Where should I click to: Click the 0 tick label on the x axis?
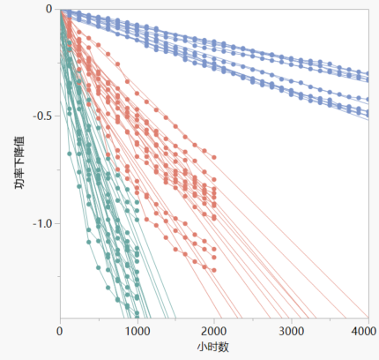[x=60, y=331]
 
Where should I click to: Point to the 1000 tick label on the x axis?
[x=137, y=331]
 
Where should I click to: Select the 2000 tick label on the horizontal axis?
[x=214, y=331]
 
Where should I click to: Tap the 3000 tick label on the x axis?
[x=291, y=331]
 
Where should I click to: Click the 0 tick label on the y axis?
[x=49, y=9]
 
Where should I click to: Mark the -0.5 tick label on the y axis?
[x=42, y=116]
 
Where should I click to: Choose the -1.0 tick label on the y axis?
[x=42, y=223]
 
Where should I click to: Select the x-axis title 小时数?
[x=213, y=348]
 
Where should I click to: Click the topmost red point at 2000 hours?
[x=214, y=158]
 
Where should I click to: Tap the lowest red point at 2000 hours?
[x=214, y=270]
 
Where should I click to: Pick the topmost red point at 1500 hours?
[x=175, y=126]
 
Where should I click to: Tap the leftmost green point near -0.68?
[x=70, y=154]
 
